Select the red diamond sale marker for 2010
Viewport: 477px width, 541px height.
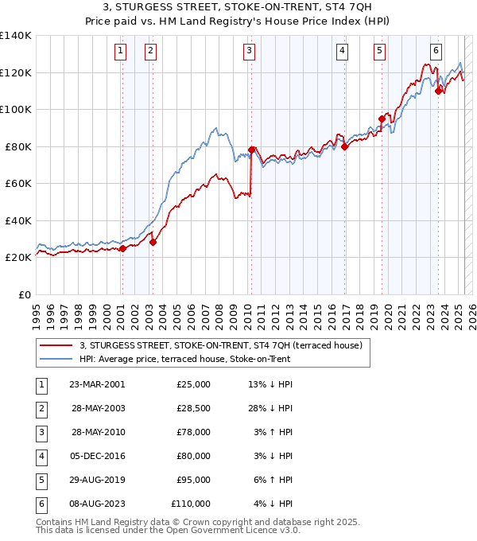(251, 150)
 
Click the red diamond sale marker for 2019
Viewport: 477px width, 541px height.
(382, 119)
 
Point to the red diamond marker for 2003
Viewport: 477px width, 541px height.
(153, 242)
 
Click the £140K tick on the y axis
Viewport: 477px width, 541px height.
(16, 36)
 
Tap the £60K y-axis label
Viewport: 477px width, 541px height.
(19, 183)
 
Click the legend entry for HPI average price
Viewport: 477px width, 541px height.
(184, 359)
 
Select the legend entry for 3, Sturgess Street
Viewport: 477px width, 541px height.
(220, 345)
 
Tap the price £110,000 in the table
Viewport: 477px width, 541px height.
(191, 504)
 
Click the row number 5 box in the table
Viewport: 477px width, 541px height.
(40, 480)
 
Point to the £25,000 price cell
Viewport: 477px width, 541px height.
(193, 384)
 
